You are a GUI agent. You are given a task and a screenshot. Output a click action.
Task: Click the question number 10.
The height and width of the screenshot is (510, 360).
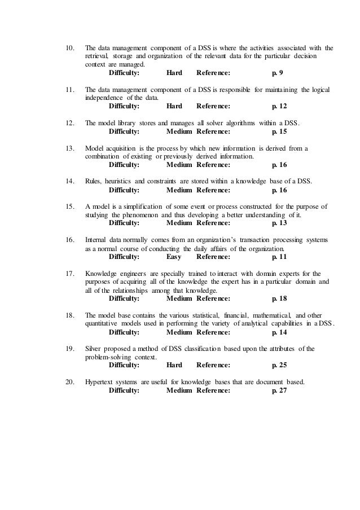pos(70,47)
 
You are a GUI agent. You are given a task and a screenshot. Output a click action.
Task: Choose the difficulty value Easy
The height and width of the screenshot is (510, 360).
pos(174,256)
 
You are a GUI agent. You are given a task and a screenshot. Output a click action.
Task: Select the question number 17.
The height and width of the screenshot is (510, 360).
pos(70,272)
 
